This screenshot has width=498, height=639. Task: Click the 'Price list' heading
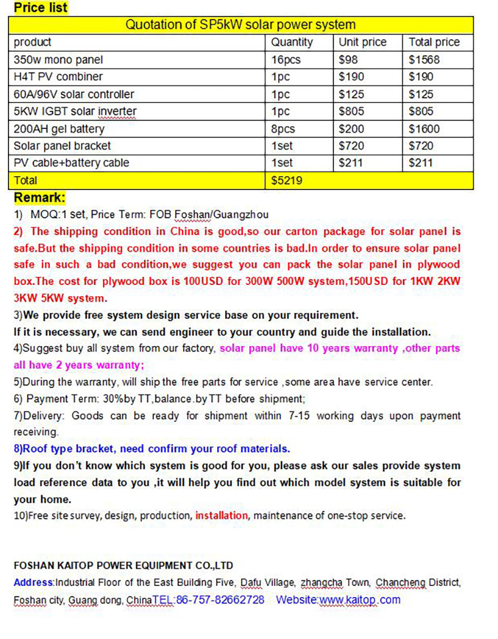[41, 8]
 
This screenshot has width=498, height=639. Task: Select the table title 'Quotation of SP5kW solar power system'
[240, 25]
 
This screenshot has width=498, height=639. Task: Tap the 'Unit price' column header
[362, 43]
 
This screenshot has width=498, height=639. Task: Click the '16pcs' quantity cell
[286, 60]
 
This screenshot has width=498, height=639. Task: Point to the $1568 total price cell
[425, 60]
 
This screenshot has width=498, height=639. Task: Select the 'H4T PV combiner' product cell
[58, 77]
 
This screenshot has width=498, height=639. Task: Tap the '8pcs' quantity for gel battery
[283, 129]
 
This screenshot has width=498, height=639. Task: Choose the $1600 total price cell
[425, 129]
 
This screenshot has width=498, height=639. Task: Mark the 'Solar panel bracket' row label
[62, 146]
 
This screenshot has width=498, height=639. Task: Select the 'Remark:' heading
[40, 197]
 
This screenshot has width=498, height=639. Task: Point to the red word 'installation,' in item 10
[222, 515]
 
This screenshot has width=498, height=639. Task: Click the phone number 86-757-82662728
[220, 600]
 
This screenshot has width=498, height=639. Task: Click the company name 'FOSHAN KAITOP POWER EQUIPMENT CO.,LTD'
[124, 566]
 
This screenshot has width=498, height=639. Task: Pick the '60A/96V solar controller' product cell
[74, 94]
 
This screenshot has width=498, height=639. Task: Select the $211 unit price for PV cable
[351, 163]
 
